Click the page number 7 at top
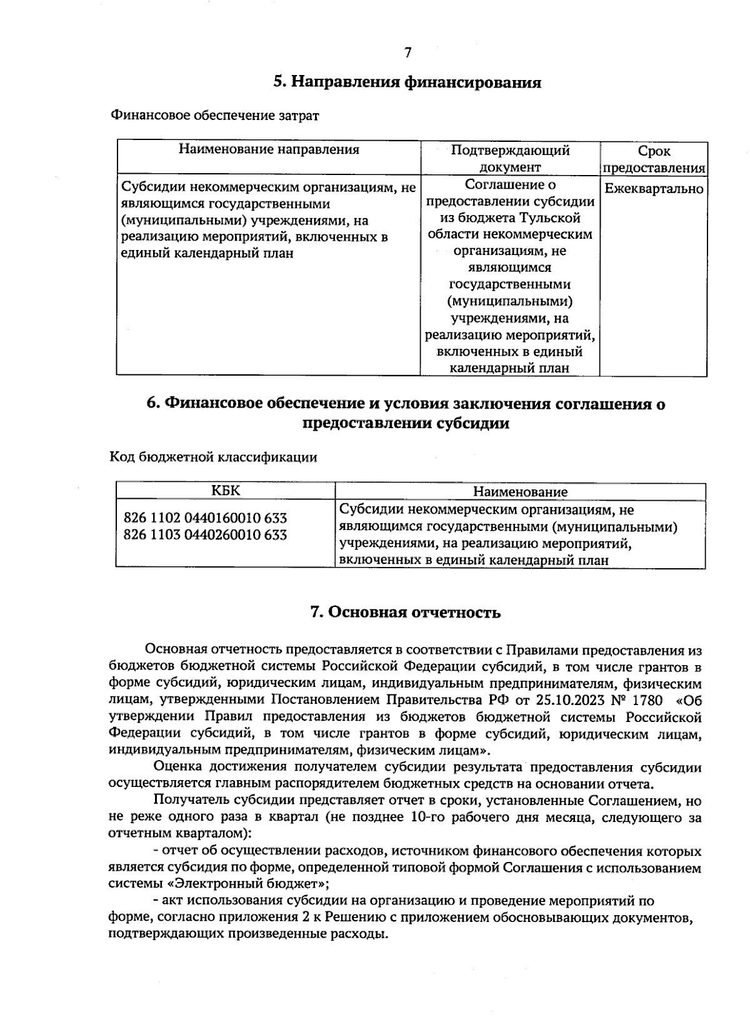(407, 53)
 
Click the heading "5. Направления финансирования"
(407, 83)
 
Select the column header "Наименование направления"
(269, 149)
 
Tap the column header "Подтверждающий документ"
(510, 159)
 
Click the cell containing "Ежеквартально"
(654, 189)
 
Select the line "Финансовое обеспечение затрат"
(214, 116)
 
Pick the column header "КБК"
(225, 491)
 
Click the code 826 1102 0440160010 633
(205, 518)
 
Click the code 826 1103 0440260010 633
(205, 535)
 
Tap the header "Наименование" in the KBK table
(520, 493)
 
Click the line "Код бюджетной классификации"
(213, 458)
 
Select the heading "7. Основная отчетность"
(406, 613)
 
